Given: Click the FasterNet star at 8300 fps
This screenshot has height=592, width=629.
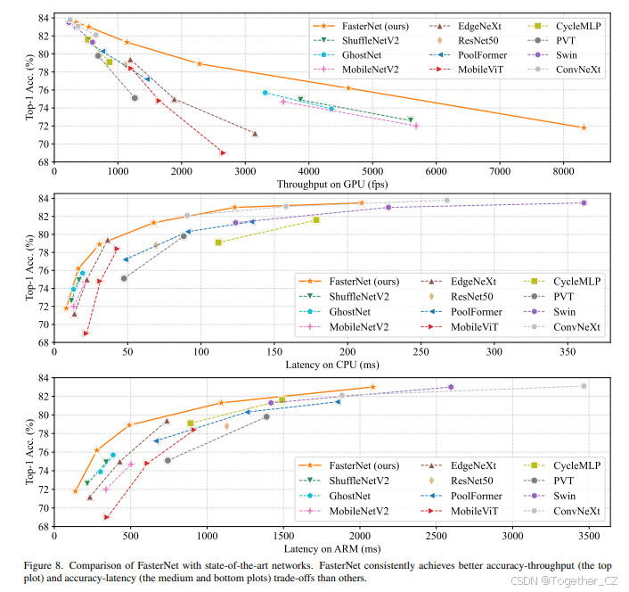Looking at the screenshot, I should [x=584, y=128].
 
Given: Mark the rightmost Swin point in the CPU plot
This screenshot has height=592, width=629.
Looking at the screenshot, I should [x=584, y=203].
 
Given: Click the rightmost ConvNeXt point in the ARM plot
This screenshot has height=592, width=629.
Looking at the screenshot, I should [x=584, y=386].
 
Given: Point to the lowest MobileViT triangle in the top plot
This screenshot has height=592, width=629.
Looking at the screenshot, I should [x=223, y=152].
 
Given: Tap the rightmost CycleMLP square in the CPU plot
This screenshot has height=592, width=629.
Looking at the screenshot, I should [x=316, y=219].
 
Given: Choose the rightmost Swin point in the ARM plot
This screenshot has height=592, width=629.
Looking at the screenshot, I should [x=451, y=387].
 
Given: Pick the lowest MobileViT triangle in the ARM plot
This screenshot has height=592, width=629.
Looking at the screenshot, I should [x=107, y=516].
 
